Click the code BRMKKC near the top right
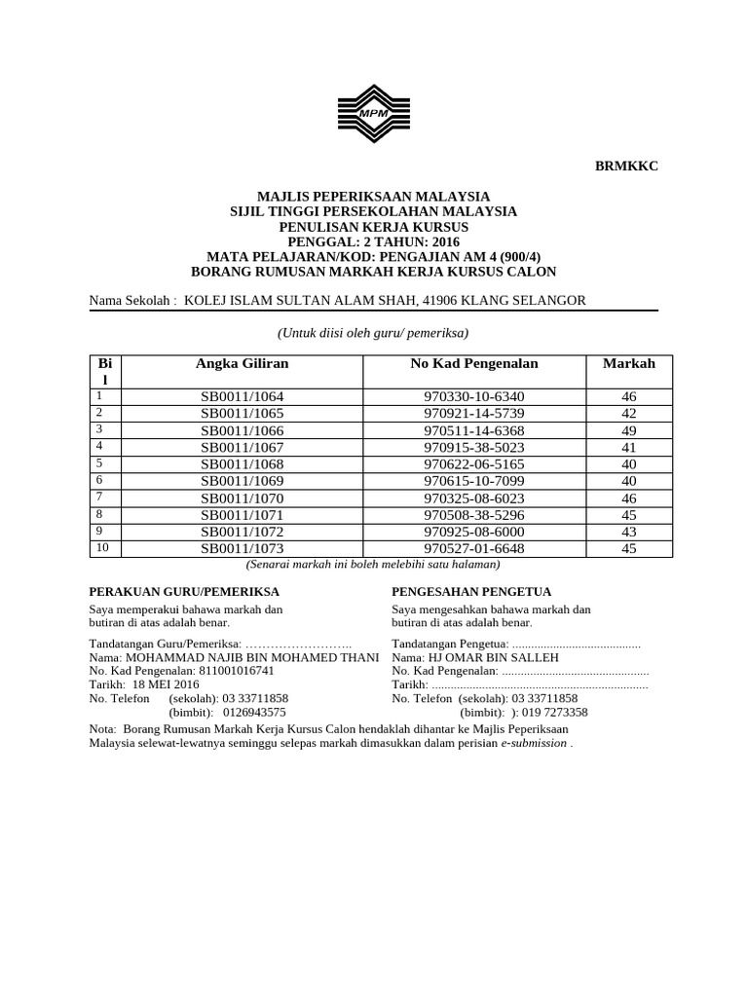tap(626, 166)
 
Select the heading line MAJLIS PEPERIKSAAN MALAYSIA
tap(373, 196)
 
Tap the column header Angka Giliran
tap(242, 363)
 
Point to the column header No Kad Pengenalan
tap(474, 363)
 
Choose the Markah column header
tap(628, 363)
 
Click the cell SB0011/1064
tap(242, 397)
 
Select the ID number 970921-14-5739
tap(474, 413)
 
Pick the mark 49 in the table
tap(628, 428)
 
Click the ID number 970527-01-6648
tap(474, 549)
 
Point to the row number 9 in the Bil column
tap(98, 531)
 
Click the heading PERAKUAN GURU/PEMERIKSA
tap(184, 591)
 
